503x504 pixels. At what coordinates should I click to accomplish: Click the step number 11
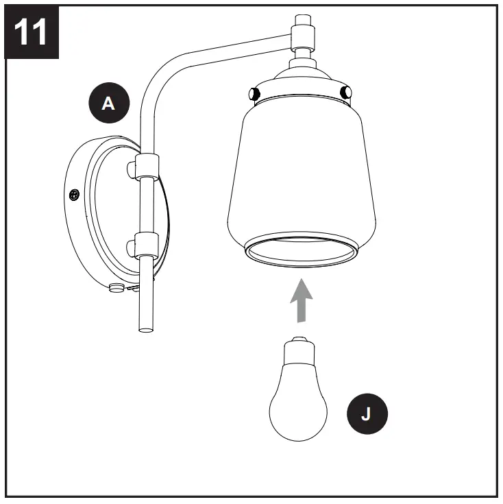(x=31, y=31)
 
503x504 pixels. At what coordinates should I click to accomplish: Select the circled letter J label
(x=366, y=413)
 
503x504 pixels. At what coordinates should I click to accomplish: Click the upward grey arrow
(x=299, y=299)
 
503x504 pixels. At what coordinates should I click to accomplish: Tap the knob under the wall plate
(x=116, y=289)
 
